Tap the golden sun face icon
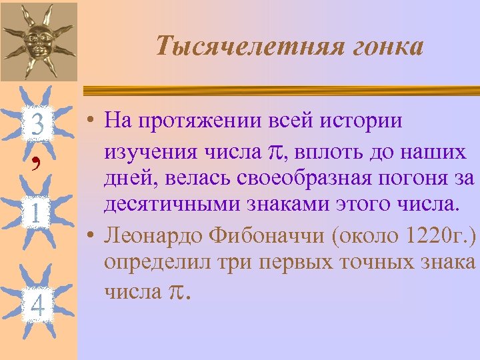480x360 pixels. click(39, 39)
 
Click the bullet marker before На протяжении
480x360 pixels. click(89, 123)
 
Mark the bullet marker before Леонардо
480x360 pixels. click(89, 237)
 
